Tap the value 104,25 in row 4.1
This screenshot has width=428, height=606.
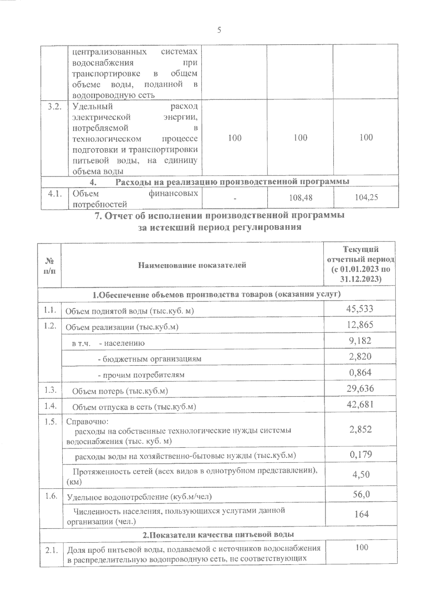tap(367, 197)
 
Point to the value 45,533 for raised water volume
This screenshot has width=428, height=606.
tap(360, 308)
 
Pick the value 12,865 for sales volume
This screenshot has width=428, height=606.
tap(360, 324)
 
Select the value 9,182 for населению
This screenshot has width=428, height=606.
tap(360, 340)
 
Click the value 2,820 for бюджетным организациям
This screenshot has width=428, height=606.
tap(360, 357)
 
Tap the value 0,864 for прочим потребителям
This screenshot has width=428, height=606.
tap(360, 373)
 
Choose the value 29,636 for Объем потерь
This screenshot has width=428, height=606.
tap(360, 388)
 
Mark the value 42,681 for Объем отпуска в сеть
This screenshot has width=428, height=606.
tap(360, 404)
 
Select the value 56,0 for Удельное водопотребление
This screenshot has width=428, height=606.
tap(361, 494)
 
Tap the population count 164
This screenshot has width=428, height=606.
tap(361, 514)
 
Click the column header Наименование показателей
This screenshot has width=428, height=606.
tap(192, 265)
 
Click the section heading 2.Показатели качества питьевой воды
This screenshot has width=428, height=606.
tap(218, 535)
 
